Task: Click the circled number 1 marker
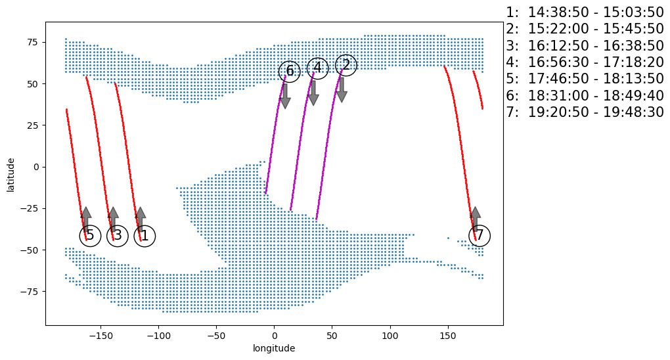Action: (145, 235)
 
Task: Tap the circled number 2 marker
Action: (346, 65)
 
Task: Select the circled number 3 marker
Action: (117, 235)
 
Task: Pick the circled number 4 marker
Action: (317, 68)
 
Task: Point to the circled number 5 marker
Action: (90, 235)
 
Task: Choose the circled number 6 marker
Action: (290, 71)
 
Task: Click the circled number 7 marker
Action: (480, 235)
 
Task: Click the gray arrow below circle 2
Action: (342, 90)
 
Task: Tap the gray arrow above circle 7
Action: (476, 219)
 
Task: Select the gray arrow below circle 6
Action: (285, 96)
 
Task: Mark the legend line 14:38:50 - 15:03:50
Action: (585, 12)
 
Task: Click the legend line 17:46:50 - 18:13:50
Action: (585, 79)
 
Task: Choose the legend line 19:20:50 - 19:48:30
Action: (585, 112)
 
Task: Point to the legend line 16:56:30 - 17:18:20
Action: (585, 62)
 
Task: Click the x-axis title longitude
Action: (274, 348)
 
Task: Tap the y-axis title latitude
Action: (11, 174)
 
